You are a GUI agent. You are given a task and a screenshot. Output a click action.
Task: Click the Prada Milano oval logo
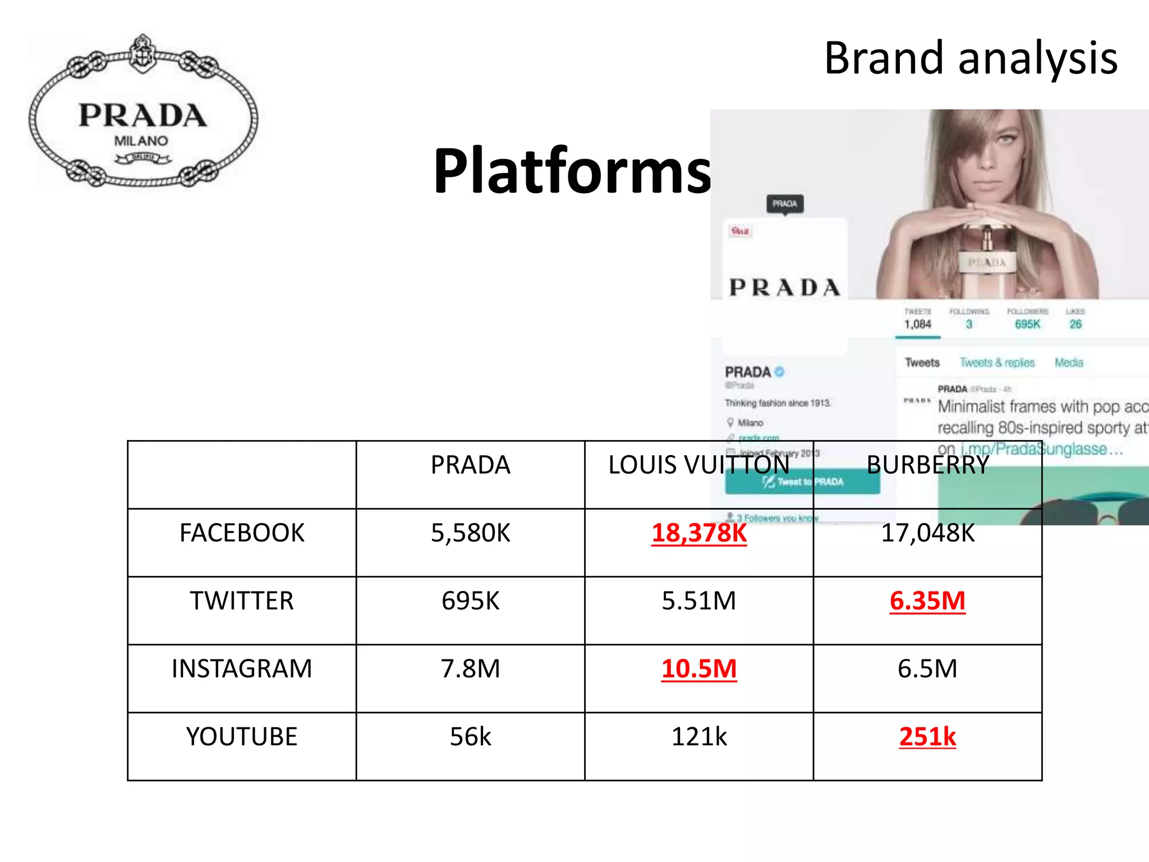[x=143, y=112]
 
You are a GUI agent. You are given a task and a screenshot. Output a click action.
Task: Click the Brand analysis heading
[x=971, y=58]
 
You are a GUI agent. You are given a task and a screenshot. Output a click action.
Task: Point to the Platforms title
[x=572, y=171]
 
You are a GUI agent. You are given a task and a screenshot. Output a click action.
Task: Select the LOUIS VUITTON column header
[x=698, y=465]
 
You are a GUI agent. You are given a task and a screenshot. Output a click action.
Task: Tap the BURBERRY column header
[x=927, y=465]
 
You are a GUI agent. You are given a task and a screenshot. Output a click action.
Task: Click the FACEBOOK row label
[x=242, y=533]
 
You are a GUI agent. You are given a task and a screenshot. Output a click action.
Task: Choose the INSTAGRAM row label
[x=242, y=669]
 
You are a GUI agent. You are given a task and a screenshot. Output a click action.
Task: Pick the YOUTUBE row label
[x=242, y=737]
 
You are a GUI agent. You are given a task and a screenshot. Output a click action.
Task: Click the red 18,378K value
[x=699, y=533]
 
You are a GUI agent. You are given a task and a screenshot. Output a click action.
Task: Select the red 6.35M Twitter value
[x=927, y=601]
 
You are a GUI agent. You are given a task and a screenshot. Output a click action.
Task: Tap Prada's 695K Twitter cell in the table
[x=470, y=601]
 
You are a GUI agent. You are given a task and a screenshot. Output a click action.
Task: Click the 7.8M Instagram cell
[x=470, y=669]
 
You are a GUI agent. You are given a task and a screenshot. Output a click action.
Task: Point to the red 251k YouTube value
[x=927, y=737]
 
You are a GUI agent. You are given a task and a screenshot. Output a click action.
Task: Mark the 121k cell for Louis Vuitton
[x=699, y=737]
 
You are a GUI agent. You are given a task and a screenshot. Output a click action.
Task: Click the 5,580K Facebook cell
[x=470, y=533]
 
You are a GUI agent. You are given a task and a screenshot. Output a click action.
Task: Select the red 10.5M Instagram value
[x=699, y=669]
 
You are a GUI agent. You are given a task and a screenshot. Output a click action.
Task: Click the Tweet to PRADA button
[x=802, y=482]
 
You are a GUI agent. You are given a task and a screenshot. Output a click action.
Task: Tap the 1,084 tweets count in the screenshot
[x=917, y=324]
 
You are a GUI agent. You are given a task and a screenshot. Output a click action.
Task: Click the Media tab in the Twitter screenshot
[x=1069, y=363]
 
